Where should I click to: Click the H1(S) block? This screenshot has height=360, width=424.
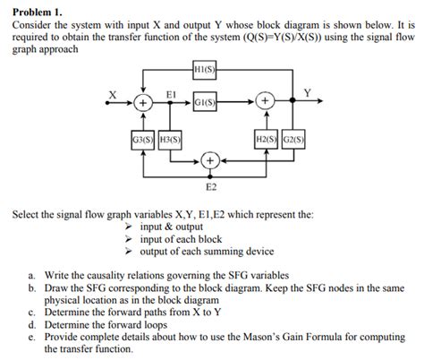tap(205, 70)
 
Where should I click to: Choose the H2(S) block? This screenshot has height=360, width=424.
tap(267, 139)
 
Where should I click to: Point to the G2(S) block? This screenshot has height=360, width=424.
tap(294, 139)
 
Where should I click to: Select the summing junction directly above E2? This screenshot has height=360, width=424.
tap(211, 161)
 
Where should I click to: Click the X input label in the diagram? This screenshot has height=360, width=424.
tap(113, 92)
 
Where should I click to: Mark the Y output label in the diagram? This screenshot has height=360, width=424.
tap(308, 92)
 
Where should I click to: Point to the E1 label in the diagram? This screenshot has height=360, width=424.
tap(170, 92)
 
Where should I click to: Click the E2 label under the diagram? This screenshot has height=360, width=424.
tap(211, 189)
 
